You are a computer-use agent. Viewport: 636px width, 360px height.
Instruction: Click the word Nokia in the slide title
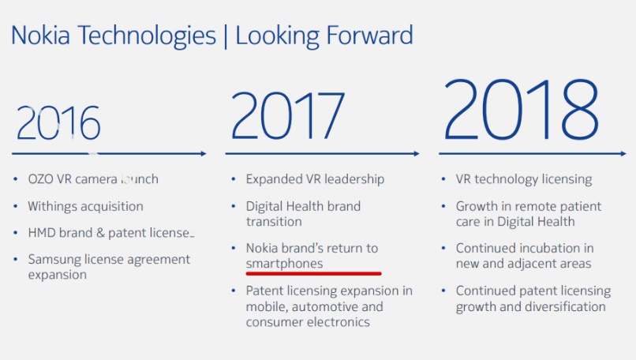[39, 36]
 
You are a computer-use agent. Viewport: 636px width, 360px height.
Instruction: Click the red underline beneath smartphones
[313, 273]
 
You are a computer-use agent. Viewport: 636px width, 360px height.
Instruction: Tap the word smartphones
[284, 263]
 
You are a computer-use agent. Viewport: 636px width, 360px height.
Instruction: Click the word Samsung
[56, 260]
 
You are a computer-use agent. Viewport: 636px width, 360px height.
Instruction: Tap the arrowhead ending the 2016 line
[203, 153]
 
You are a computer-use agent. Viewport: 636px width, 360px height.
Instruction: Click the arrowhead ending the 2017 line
[415, 153]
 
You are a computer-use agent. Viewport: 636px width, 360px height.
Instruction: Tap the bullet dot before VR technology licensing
[443, 179]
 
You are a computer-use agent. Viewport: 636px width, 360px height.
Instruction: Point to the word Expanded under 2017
[272, 179]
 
